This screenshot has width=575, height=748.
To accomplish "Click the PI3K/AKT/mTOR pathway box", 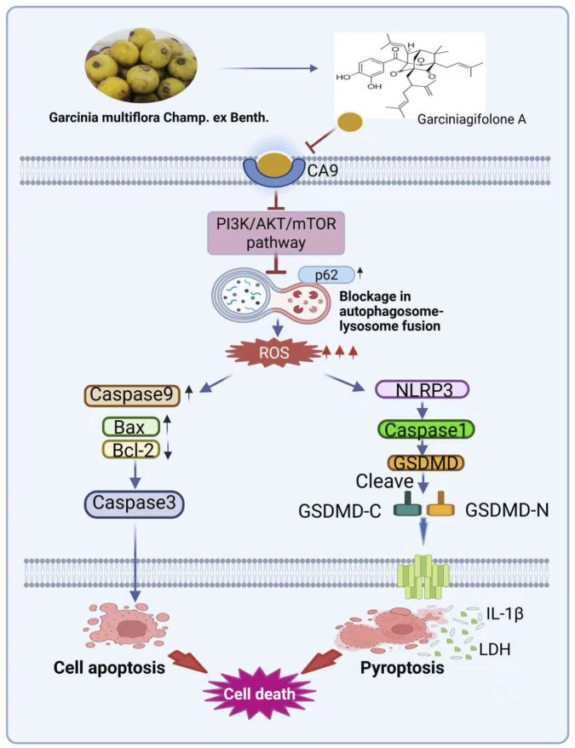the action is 276,233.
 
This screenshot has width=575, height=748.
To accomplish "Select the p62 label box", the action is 327,275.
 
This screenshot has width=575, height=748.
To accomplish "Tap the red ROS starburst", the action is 274,353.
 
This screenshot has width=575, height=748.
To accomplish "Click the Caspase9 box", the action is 132,395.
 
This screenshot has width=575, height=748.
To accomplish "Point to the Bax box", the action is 131,427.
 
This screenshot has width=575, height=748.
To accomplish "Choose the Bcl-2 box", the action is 131,449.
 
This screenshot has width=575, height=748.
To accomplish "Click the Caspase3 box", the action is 134,503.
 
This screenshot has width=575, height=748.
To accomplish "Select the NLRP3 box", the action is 423,389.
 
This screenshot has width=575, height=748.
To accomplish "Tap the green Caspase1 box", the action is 426,429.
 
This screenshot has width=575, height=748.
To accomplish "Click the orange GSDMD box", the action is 426,463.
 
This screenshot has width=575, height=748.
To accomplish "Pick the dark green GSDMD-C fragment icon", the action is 406,504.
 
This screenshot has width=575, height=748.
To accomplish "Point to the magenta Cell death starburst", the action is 259,693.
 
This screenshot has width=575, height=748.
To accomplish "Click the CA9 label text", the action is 323,170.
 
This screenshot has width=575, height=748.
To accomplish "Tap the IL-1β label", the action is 505,613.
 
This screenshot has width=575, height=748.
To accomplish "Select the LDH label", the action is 495,649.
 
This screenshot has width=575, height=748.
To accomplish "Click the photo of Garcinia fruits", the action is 141,65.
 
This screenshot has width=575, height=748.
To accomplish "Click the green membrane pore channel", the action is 423,578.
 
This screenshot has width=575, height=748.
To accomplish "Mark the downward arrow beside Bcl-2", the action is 168,451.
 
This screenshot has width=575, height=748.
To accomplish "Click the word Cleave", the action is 384,481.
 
